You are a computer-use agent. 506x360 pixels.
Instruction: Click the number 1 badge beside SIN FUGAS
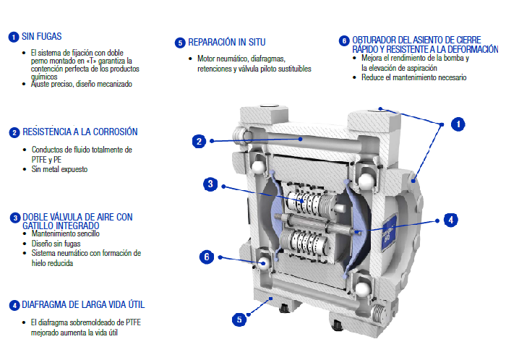tap(14, 36)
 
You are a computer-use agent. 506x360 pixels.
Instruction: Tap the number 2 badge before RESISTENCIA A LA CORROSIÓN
tap(14, 132)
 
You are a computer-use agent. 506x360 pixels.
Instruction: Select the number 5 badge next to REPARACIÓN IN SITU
tap(180, 43)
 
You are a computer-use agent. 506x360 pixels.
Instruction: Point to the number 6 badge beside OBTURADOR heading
tap(344, 40)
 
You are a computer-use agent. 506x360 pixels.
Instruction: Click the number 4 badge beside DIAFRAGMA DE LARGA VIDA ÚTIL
tap(14, 304)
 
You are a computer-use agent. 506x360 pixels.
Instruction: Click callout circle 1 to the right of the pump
tap(457, 124)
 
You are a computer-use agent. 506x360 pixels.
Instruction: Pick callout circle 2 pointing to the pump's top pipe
tap(200, 141)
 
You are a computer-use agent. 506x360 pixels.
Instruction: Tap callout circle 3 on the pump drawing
tap(210, 184)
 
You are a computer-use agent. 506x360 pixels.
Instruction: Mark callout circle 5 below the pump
tap(239, 318)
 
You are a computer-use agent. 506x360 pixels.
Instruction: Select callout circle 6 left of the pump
tap(207, 256)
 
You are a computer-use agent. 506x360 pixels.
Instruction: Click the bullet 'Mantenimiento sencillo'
tap(65, 234)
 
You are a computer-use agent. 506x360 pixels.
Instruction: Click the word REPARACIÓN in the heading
tap(213, 43)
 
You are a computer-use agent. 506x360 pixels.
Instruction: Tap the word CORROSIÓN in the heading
tap(112, 132)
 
